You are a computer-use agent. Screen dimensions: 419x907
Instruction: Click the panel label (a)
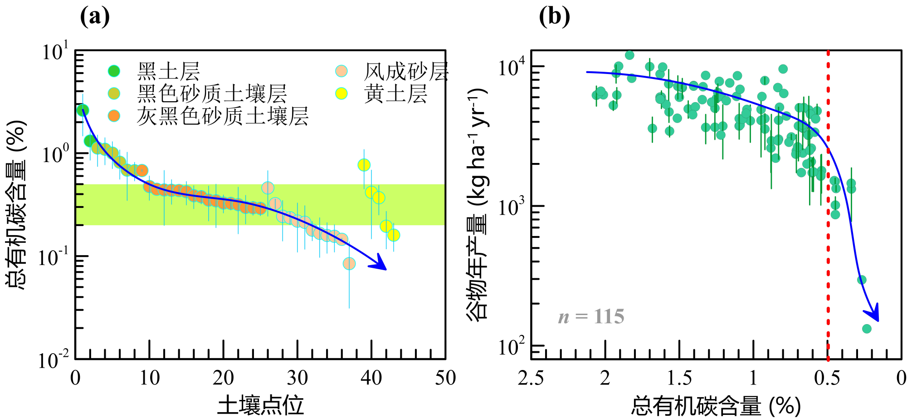95,17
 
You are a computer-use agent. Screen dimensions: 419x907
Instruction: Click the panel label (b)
554,17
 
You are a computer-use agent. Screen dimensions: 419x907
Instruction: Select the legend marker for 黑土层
114,71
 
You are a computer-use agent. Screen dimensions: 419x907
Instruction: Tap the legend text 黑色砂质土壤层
212,94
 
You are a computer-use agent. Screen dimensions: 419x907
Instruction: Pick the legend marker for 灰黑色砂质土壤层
114,116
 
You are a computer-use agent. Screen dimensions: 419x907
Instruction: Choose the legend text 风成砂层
405,71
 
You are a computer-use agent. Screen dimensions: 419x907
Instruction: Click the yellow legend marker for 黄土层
341,94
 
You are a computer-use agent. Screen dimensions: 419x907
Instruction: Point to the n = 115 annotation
591,316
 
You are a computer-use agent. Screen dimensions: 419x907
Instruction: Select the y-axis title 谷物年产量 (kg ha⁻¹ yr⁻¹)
478,204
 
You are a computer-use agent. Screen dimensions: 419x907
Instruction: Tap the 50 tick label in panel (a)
445,378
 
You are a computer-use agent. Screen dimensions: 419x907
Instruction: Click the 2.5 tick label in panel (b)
531,378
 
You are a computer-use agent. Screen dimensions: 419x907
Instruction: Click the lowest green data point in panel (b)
867,329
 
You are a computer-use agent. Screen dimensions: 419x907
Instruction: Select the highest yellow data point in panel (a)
364,165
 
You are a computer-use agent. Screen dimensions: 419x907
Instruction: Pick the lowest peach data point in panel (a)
349,263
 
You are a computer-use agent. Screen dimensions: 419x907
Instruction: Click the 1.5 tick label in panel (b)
679,378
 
